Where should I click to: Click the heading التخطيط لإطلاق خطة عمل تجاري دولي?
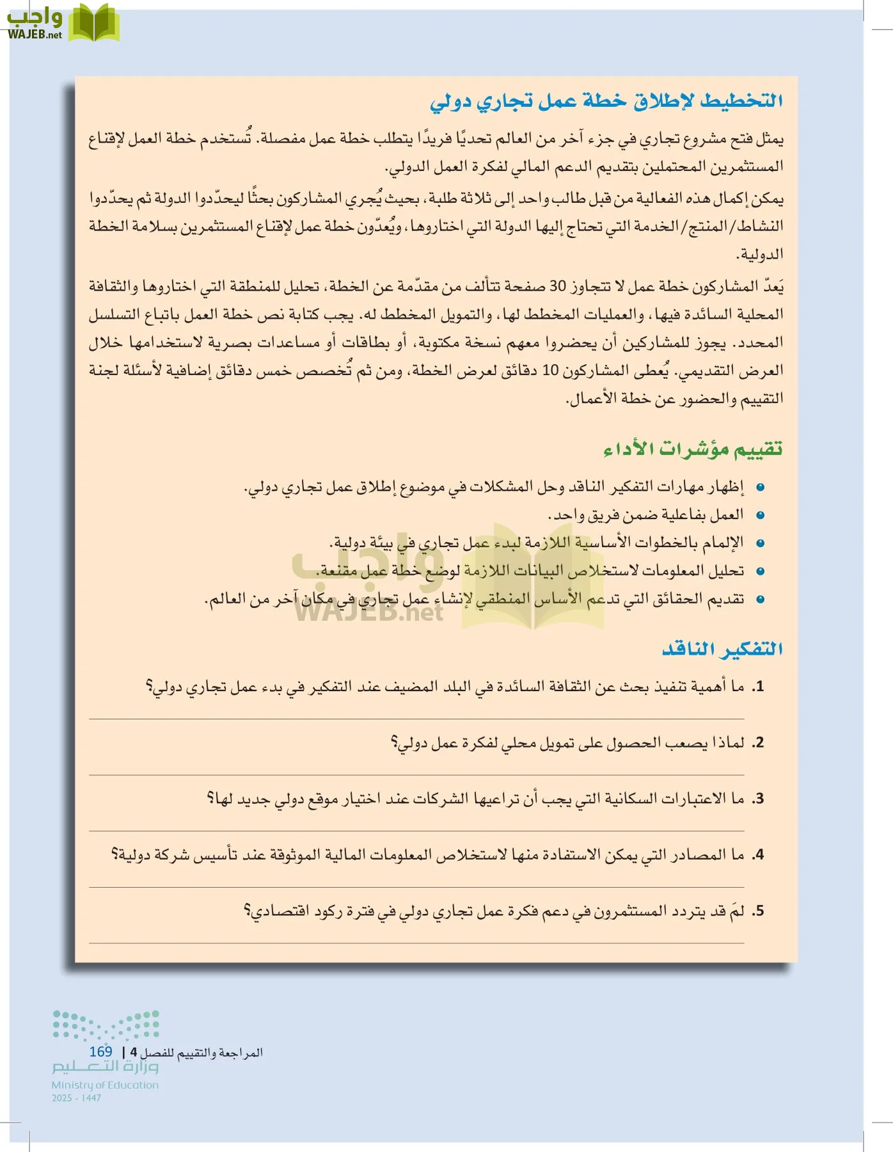[x=606, y=101]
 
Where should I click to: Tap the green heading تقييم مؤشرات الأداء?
[x=693, y=449]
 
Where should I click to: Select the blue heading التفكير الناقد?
[x=722, y=649]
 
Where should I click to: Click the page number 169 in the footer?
[x=100, y=1052]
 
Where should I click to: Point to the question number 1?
[x=758, y=687]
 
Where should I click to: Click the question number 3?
[x=758, y=799]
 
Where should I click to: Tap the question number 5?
[x=758, y=911]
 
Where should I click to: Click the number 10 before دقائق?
[x=550, y=371]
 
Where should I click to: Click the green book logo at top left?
[x=94, y=22]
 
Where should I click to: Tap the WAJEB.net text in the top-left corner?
[x=35, y=35]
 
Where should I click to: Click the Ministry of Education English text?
[x=105, y=1085]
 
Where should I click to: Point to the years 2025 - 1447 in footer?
[x=77, y=1098]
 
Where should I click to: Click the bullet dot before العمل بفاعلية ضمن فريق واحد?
[x=760, y=515]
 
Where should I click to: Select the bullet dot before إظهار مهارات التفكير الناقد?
[x=760, y=487]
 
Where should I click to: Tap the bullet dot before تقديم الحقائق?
[x=760, y=600]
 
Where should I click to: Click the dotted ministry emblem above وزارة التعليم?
[x=106, y=1025]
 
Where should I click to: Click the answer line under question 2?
[x=416, y=775]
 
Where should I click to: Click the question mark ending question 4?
[x=115, y=854]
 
